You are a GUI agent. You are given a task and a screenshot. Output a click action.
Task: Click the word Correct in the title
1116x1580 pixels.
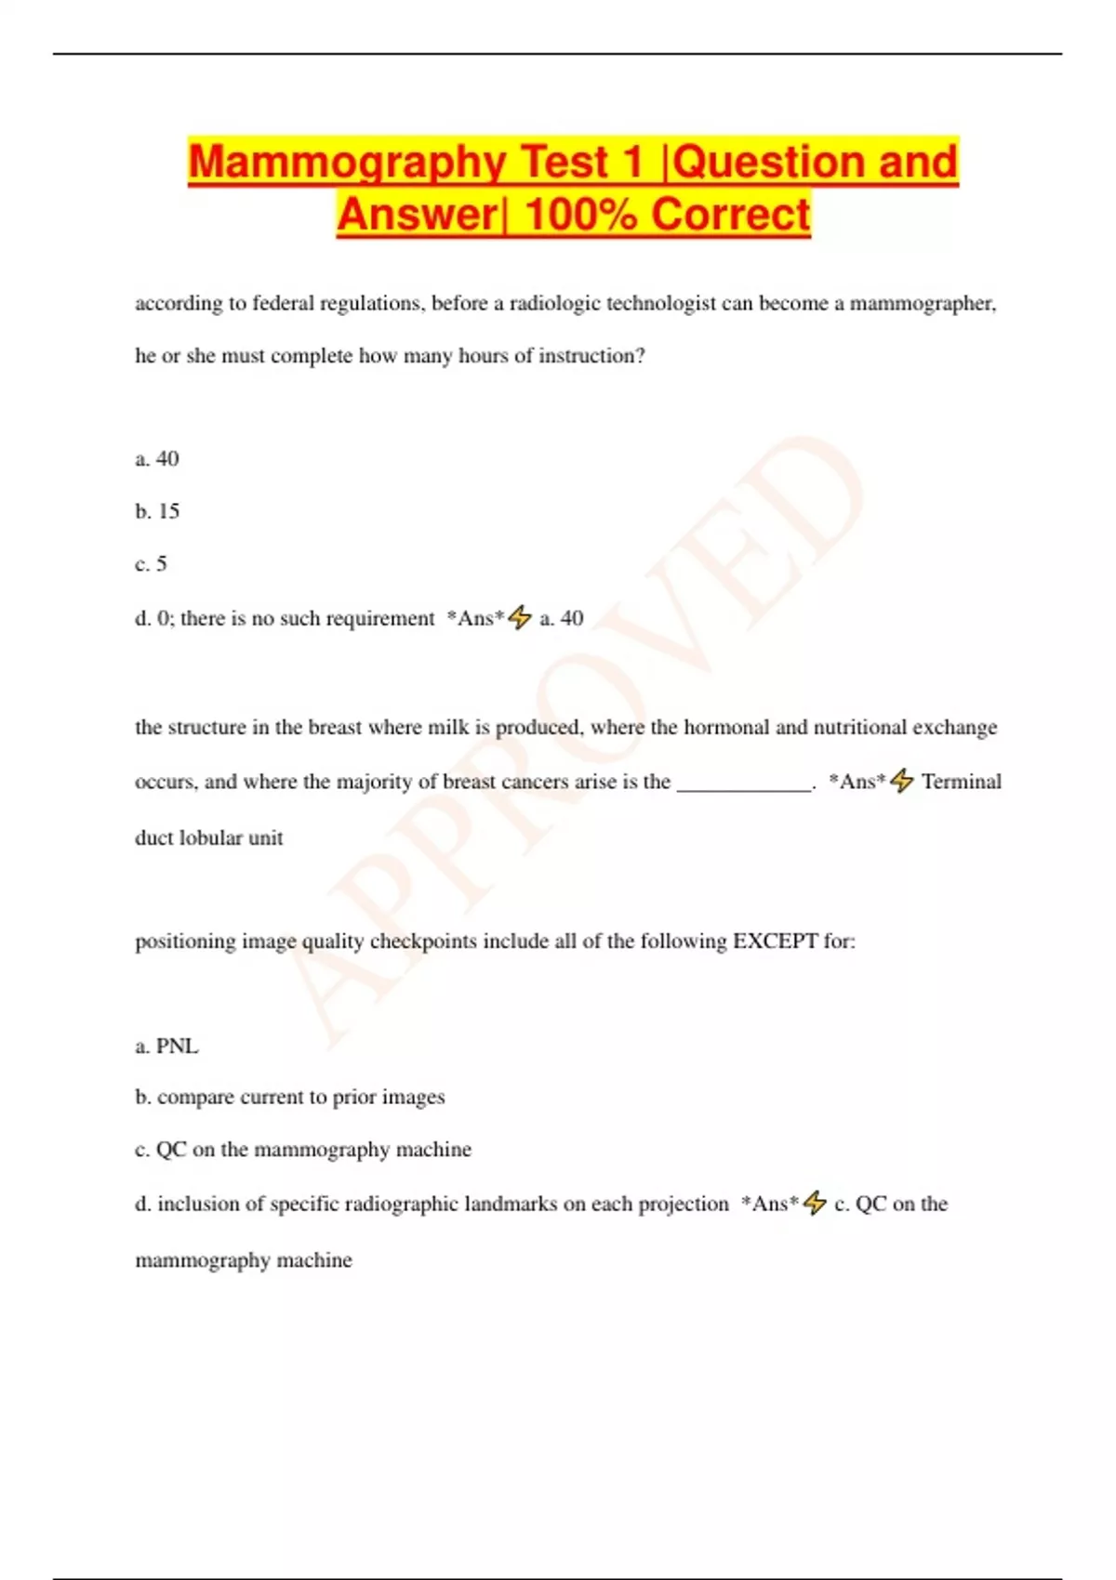[730, 215]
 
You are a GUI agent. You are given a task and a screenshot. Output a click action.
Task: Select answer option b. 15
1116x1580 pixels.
[157, 511]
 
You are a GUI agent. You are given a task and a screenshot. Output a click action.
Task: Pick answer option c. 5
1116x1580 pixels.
[151, 564]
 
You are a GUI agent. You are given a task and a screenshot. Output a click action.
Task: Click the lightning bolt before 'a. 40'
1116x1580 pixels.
[520, 617]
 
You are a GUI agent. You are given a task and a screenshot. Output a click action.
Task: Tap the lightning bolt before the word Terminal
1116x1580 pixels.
[901, 781]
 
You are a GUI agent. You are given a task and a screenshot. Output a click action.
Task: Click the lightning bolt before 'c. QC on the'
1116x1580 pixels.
[815, 1203]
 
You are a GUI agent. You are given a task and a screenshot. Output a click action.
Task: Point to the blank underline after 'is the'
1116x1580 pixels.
[744, 784]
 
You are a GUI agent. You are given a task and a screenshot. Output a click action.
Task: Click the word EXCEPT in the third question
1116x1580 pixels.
[775, 941]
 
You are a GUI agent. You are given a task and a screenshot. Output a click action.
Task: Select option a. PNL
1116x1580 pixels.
[166, 1046]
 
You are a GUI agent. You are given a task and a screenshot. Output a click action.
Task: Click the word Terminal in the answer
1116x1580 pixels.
[962, 782]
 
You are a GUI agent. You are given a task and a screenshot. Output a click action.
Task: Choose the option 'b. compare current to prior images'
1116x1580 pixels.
[290, 1097]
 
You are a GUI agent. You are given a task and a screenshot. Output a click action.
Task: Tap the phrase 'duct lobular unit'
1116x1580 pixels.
[209, 837]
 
